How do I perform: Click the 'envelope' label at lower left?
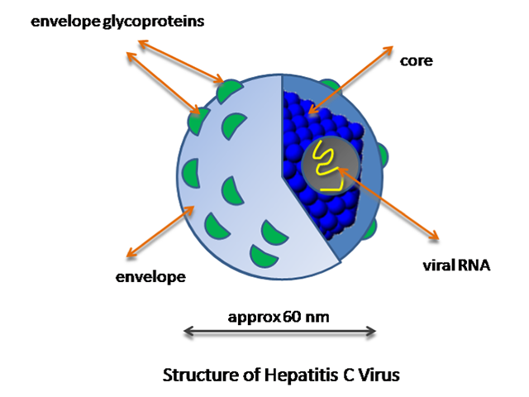click(x=150, y=275)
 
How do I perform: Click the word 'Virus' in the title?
click(x=380, y=375)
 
